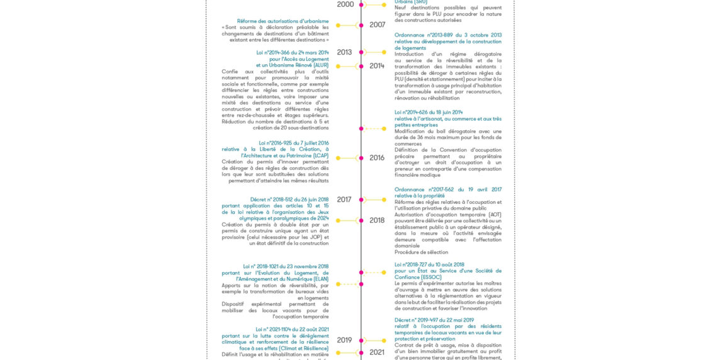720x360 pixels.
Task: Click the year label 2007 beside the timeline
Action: click(377, 25)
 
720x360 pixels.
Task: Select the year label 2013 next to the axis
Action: click(344, 52)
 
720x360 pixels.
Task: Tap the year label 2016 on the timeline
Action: click(377, 158)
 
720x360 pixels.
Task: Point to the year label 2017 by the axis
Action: click(344, 200)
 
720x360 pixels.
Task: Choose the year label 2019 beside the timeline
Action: click(344, 340)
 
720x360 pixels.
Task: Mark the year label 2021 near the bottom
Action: click(377, 352)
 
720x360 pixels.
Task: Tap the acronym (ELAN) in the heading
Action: click(317, 279)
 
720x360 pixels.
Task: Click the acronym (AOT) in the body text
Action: click(495, 215)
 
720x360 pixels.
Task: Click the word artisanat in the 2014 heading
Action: click(427, 118)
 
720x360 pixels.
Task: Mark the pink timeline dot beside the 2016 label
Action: click(361, 158)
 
